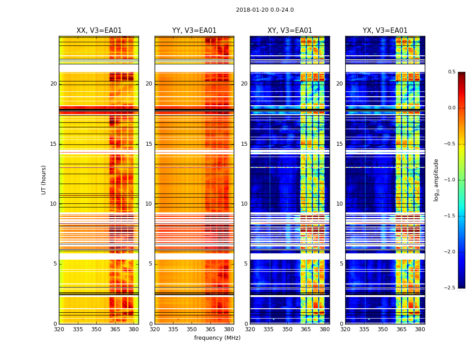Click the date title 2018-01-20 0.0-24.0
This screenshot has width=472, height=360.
[265, 10]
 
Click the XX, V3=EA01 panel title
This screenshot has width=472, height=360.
[99, 31]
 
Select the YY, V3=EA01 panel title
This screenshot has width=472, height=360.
[194, 31]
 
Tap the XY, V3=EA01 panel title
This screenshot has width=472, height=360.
[289, 31]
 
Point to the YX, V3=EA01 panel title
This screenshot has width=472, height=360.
[385, 31]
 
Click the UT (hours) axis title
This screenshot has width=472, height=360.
[44, 180]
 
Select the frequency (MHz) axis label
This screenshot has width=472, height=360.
[217, 338]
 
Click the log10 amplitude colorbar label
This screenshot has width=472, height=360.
[436, 180]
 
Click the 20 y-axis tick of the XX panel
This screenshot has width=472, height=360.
[53, 84]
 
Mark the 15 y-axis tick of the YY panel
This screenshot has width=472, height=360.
[149, 144]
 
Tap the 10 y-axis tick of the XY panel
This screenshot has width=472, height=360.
[244, 204]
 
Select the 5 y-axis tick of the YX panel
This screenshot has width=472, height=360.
[341, 264]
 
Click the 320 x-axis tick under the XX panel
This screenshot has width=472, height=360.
[59, 329]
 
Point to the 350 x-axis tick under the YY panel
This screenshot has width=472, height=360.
[192, 329]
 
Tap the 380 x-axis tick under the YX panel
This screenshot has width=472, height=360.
[420, 329]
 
